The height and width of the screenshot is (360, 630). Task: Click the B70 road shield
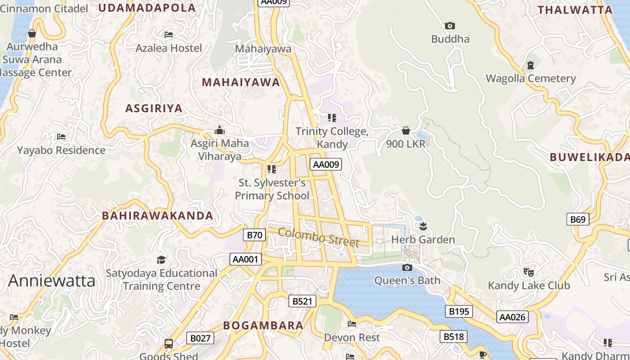pos(255,235)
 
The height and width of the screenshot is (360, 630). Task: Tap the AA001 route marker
pos(245,259)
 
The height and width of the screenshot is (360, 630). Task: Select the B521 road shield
pos(302,301)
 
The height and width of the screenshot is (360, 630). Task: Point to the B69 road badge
pos(578,219)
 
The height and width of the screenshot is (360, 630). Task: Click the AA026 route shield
pos(512,317)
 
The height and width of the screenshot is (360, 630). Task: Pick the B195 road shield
pos(459,311)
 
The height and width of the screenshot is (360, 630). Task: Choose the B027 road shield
pos(200,338)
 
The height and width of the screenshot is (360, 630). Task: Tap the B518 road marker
pos(454,337)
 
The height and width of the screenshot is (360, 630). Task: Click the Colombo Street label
pos(319,237)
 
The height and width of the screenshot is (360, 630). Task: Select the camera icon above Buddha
pos(450,26)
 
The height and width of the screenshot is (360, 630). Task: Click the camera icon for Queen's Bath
pos(407,268)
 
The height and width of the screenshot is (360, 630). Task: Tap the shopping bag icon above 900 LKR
pos(406,130)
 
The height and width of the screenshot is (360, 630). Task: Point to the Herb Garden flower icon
pos(423,226)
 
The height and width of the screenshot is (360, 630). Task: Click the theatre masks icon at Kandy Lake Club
pos(529,272)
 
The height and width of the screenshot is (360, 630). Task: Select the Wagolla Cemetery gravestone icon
pos(531,65)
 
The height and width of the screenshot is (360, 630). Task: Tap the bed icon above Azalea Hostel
pos(169,34)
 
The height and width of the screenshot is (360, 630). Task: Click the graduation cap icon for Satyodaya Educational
pos(161,260)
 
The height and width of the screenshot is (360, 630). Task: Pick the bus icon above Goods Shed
pos(169,344)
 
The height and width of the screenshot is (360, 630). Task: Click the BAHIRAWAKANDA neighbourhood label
pos(157,216)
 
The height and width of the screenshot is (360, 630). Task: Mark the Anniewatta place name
pos(52,281)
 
